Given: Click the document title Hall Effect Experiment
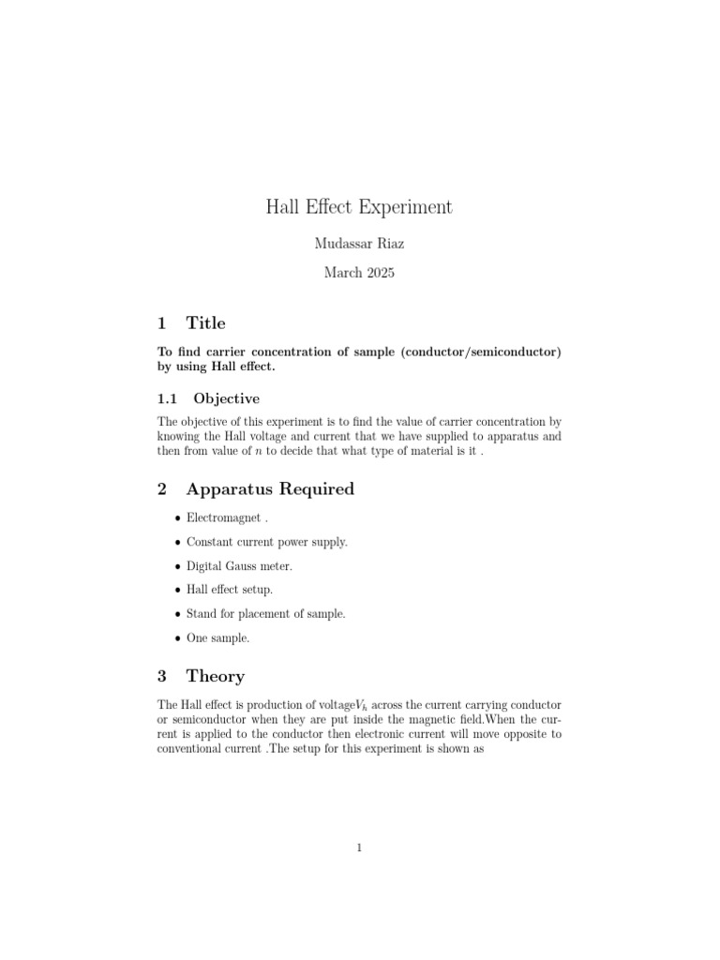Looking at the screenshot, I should tap(360, 207).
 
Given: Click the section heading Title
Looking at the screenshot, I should tap(206, 323).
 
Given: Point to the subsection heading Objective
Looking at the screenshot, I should tap(227, 398).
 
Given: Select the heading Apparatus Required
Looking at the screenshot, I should tap(270, 489).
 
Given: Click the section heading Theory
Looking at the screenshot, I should tap(216, 676).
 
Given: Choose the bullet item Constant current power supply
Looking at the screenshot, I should tap(267, 542).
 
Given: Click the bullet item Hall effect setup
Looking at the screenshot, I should tap(230, 590).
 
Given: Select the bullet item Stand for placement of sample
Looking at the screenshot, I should tap(266, 614).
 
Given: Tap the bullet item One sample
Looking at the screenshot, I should tap(218, 637).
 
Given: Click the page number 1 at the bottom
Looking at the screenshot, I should tap(359, 848).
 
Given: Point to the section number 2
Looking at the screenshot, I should tap(162, 489).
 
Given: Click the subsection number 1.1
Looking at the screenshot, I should tap(168, 398).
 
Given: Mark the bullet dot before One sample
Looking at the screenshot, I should tap(177, 638).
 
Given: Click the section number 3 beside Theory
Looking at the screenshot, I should tap(162, 676).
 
